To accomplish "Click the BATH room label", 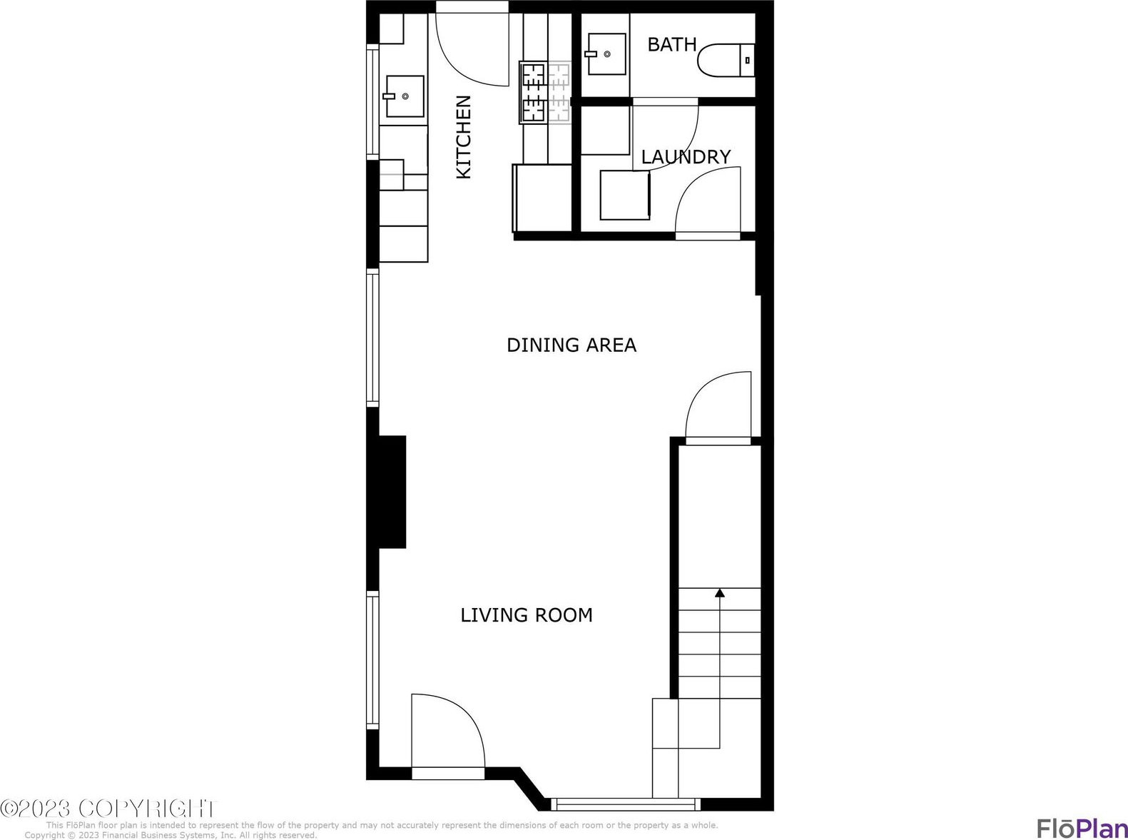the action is [672, 45].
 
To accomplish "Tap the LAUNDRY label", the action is [686, 157].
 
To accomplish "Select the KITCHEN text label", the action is [464, 137].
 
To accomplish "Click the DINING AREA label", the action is [571, 345].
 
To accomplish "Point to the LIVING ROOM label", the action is [527, 615].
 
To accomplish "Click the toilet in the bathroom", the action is [726, 61].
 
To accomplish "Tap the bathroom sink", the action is [606, 54].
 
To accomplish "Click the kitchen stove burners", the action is [544, 92].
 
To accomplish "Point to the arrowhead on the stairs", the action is [719, 593].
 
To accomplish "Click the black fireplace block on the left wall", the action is [387, 492].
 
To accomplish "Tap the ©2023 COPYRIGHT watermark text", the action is [108, 808].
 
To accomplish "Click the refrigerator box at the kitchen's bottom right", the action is [542, 198].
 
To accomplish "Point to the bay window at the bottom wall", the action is [626, 804].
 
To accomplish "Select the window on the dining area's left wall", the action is [372, 338].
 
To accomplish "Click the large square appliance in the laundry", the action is [625, 196].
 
